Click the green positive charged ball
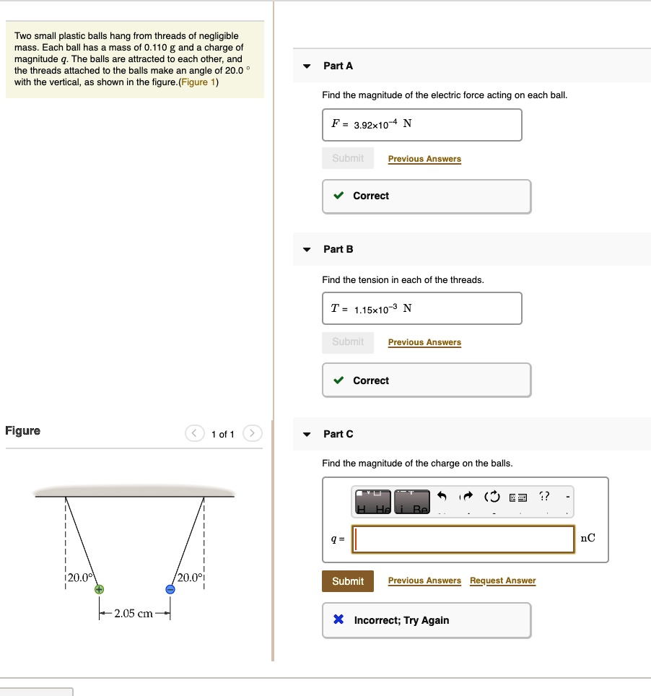[99, 589]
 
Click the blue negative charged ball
[170, 589]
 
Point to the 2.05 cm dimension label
[134, 614]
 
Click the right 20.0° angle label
[190, 578]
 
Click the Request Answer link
[502, 580]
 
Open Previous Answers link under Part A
[424, 159]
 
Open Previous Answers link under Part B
[424, 342]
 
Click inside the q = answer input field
[463, 539]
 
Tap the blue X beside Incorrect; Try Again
[338, 620]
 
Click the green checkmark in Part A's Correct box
[338, 196]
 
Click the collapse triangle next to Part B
[307, 250]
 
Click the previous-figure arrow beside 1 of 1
[195, 434]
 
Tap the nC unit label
[588, 538]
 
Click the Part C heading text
[338, 434]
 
